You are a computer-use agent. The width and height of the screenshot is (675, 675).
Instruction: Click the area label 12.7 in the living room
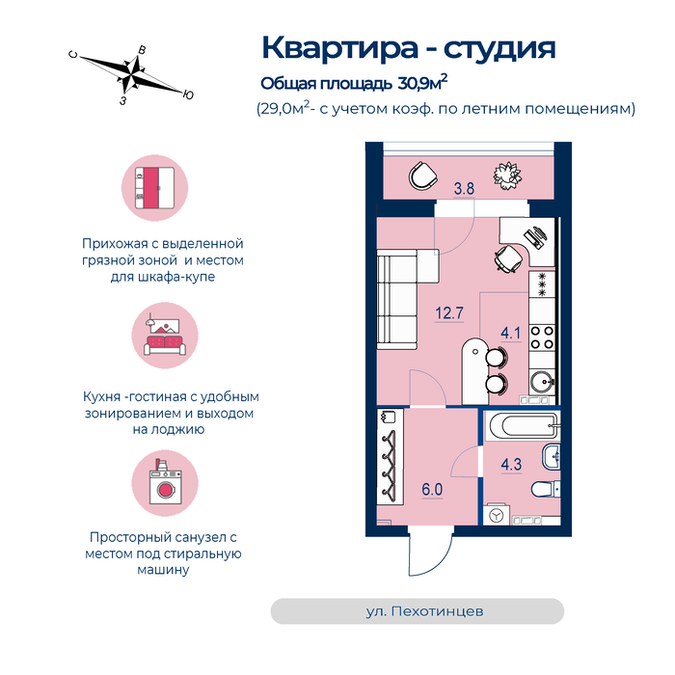(449, 313)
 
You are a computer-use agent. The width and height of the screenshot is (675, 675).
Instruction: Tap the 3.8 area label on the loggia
(464, 189)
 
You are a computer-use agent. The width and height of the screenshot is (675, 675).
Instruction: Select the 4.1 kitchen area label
(511, 333)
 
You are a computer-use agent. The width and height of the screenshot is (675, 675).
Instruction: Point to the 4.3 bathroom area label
(511, 464)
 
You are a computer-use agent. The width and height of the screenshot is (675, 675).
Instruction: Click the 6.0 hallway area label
(432, 490)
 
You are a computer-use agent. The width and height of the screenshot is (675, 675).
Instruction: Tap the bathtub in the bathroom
(523, 426)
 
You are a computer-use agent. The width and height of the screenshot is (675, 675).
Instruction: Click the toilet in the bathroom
(546, 490)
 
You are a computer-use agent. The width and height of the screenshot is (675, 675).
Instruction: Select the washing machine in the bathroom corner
(497, 515)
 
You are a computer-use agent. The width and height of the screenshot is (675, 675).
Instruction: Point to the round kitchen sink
(542, 382)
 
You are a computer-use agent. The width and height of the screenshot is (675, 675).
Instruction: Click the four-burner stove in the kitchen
(542, 337)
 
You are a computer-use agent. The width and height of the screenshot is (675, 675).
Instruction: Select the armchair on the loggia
(422, 175)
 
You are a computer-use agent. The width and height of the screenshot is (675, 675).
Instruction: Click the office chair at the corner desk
(507, 258)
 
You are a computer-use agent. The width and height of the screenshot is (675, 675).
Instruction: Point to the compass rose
(131, 75)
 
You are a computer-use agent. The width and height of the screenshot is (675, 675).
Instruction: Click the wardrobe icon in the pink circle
(155, 188)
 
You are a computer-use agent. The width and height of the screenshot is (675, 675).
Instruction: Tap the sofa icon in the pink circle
(165, 337)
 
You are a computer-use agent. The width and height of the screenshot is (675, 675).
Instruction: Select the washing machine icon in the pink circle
(165, 482)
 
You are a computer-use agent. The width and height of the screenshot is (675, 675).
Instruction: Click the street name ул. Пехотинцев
(424, 611)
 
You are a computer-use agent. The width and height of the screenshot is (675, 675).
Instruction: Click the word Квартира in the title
(339, 48)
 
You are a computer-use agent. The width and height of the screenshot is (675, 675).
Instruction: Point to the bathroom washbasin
(552, 457)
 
